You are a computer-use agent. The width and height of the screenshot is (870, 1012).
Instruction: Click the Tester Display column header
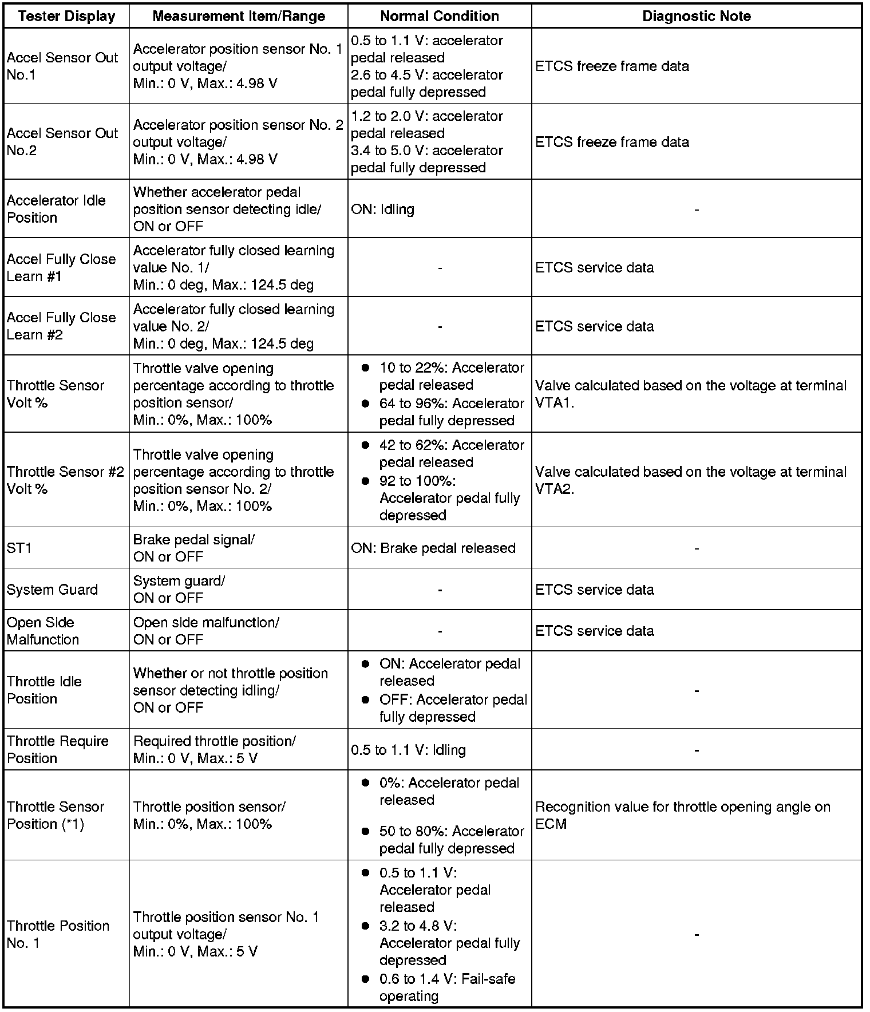[x=66, y=16]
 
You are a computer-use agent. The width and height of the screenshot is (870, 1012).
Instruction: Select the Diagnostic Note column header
[x=696, y=16]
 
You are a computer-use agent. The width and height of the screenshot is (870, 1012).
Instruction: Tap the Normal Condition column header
[x=439, y=16]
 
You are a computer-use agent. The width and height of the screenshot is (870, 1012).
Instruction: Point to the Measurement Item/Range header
[x=239, y=16]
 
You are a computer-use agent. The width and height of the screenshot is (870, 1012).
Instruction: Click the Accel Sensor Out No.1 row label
[x=62, y=66]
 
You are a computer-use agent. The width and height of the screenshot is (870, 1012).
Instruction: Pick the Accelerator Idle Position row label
[x=56, y=209]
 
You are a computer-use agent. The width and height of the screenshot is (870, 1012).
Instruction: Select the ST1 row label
[x=19, y=548]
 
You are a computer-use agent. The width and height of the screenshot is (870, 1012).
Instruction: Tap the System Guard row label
[x=52, y=590]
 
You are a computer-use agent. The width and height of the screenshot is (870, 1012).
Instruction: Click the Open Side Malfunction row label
[x=43, y=631]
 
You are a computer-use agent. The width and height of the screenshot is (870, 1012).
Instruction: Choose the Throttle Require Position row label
[x=58, y=749]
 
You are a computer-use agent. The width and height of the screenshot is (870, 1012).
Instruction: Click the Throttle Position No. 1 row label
[x=58, y=934]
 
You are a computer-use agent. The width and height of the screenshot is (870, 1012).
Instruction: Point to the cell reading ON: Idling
[x=383, y=209]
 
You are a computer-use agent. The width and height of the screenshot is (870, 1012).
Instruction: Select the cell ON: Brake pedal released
[x=433, y=548]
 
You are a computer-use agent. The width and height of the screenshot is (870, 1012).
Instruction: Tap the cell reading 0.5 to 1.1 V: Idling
[x=409, y=750]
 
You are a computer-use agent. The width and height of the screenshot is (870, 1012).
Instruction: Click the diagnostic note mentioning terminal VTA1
[x=690, y=394]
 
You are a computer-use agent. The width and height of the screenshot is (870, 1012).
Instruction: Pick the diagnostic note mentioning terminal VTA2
[x=690, y=480]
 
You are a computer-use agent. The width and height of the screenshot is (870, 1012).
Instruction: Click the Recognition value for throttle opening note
[x=682, y=815]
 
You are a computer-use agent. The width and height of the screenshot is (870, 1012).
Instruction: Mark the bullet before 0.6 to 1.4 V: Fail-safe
[x=365, y=979]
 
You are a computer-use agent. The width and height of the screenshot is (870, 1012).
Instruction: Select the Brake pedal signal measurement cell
[x=194, y=548]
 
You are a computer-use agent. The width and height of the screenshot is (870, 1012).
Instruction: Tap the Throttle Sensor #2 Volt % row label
[x=65, y=480]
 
